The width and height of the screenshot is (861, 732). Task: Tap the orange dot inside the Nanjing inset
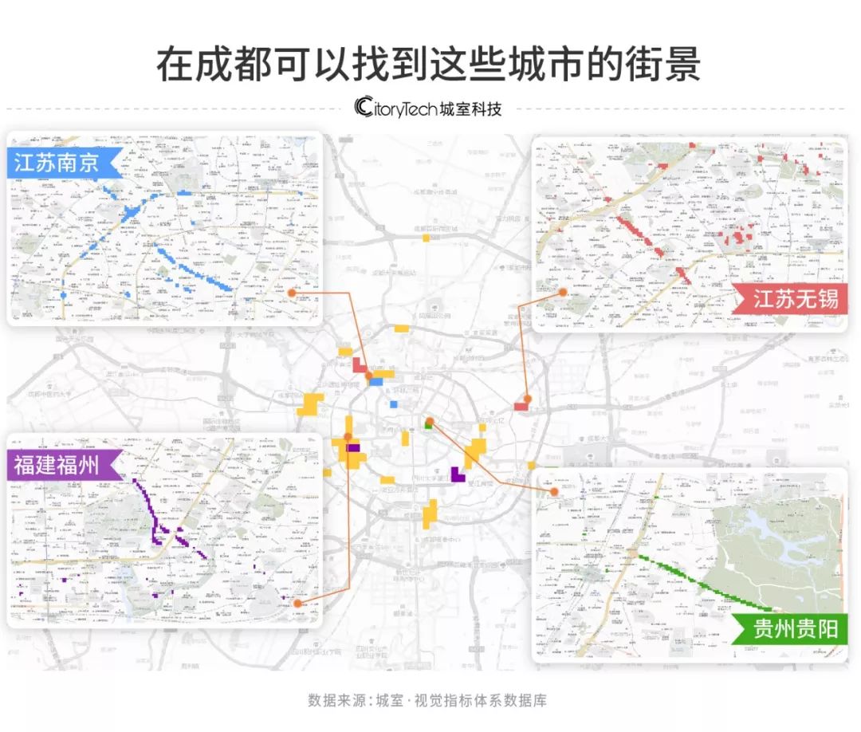coord(293,293)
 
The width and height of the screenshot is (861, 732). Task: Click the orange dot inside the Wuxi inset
coord(563,292)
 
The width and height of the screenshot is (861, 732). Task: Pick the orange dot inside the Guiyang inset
coord(553,492)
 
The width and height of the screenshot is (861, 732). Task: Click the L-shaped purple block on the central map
coord(458,474)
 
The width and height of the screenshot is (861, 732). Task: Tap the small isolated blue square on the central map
coord(393,404)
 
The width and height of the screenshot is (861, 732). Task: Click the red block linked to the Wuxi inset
coord(521,406)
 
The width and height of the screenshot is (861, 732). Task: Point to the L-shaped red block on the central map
coord(359,367)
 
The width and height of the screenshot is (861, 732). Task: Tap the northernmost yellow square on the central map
coord(427,237)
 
